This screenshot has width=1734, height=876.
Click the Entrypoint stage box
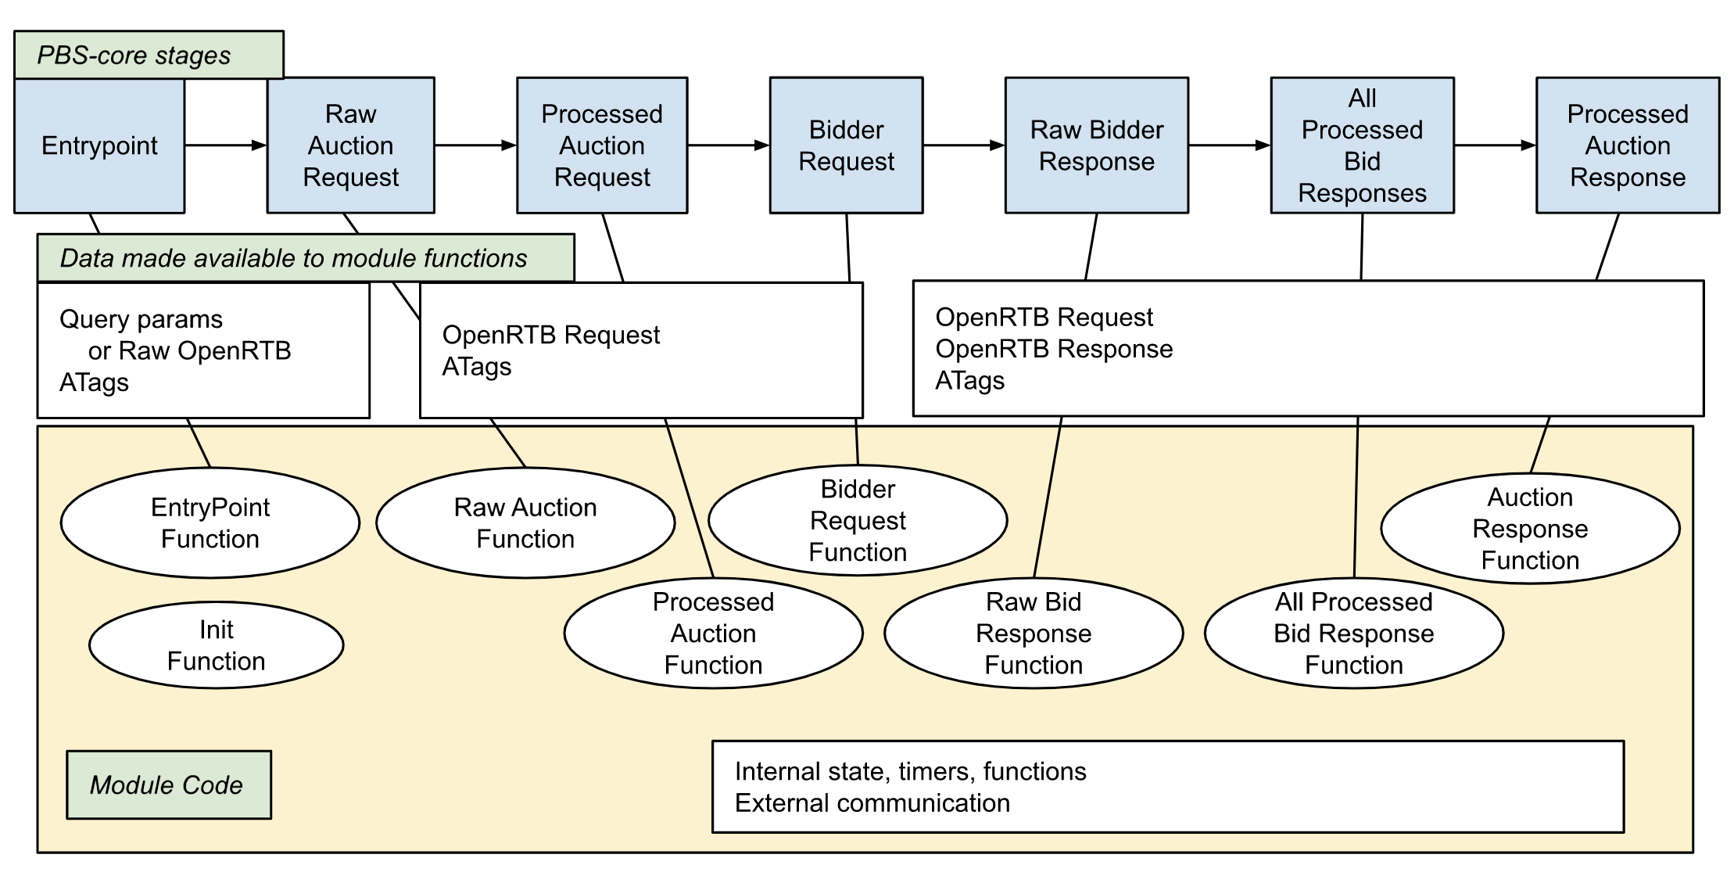point(99,145)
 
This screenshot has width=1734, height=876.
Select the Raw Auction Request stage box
point(350,145)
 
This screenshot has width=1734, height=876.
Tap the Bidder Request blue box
point(846,145)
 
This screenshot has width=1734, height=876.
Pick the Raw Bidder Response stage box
point(1096,145)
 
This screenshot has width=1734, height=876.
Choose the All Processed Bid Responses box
point(1362,145)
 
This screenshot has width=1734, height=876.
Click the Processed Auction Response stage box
point(1627,145)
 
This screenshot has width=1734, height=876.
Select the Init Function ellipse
point(216,645)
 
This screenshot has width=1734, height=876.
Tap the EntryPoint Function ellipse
point(210,523)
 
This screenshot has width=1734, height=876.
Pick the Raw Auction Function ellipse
point(525,523)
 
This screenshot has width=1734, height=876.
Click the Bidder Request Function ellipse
point(858,521)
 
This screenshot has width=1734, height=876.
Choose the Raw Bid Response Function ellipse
point(1033,634)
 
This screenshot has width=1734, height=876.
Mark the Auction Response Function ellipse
point(1529,529)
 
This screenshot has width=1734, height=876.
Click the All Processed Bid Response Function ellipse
point(1353,634)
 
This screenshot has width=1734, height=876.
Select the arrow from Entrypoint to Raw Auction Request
point(225,145)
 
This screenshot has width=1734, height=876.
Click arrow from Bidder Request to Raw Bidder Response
point(963,145)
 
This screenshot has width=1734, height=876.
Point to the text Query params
point(141,319)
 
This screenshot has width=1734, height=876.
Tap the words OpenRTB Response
point(1053,349)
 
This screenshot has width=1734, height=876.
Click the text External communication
point(872,803)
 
